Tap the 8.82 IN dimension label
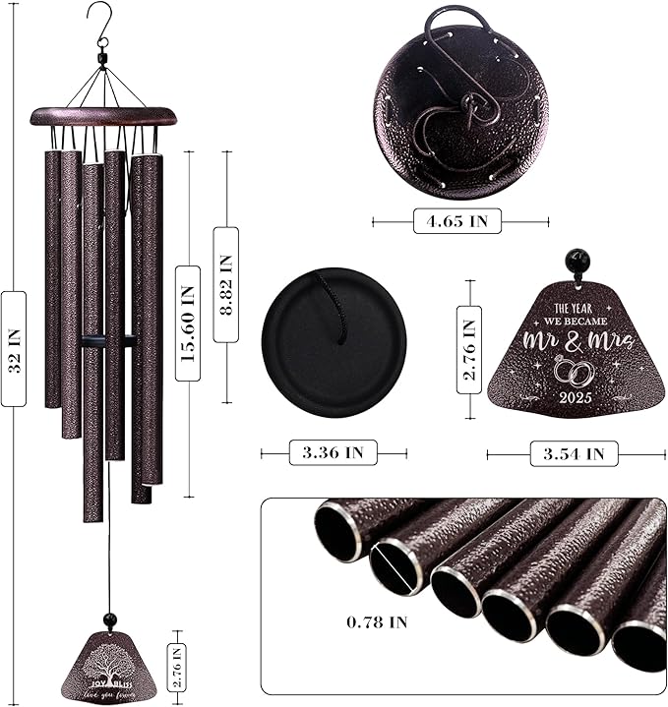tap(225, 284)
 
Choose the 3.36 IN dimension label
tap(333, 453)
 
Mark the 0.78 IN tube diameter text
tap(377, 621)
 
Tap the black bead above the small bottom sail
tap(110, 619)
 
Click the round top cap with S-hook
tap(460, 102)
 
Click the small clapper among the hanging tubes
tap(108, 341)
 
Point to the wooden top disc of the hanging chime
tap(102, 116)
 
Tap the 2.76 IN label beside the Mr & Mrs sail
tap(469, 348)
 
